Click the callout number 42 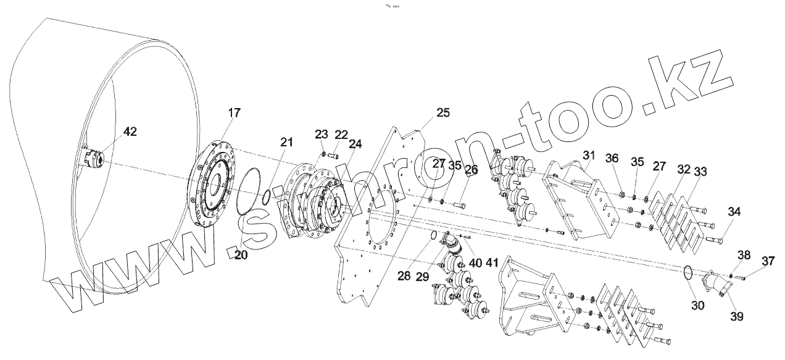(x=130, y=132)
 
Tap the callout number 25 (x=443, y=112)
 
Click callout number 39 (x=737, y=316)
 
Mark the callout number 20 (x=241, y=254)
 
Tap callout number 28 (x=404, y=276)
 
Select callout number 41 (x=491, y=262)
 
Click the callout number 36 (x=612, y=158)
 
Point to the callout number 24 (x=355, y=144)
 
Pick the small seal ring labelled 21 (x=266, y=198)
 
